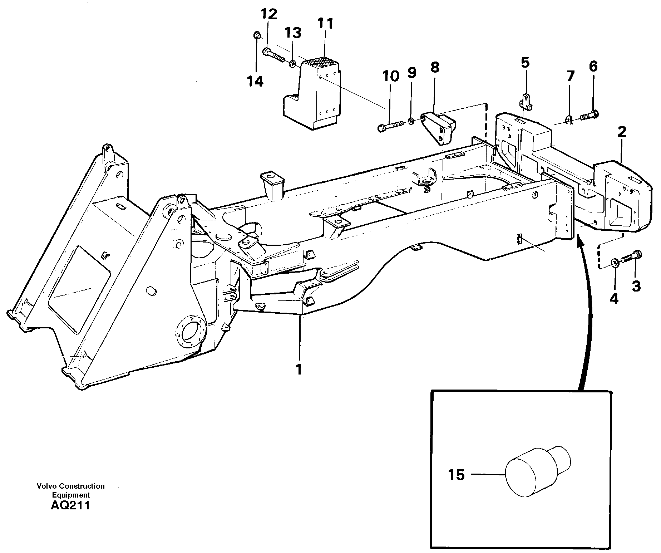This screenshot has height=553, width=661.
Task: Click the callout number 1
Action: pos(299,369)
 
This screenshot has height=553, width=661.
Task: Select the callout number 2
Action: pos(622,132)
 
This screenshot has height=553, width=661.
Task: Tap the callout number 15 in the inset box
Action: pos(456,475)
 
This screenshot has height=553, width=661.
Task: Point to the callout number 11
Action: pos(325,24)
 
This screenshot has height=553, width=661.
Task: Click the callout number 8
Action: pos(435,67)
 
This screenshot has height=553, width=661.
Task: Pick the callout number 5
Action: pos(525,63)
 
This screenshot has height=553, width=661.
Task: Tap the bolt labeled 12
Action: pos(273,54)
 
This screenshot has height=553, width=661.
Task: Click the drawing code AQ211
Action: pos(70,505)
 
